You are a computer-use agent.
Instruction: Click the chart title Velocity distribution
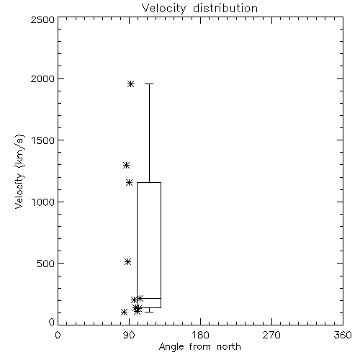coord(199,8)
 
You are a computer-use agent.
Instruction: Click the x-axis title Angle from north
coord(199,347)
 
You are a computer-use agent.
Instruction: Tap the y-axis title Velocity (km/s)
coord(19,171)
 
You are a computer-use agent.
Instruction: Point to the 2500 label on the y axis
coord(42,19)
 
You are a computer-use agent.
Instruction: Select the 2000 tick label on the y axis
coord(42,78)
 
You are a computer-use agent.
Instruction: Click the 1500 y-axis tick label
coord(43,140)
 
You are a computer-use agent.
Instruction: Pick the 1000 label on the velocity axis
coord(43,202)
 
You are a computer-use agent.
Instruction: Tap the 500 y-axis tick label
coord(46,264)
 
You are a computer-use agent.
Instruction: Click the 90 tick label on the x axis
coord(129,335)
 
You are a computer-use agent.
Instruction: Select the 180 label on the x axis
coord(200,335)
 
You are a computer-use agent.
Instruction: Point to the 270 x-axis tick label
coord(271,335)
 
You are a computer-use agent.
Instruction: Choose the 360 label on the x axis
coord(343,335)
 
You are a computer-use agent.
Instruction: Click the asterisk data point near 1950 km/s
coord(130,84)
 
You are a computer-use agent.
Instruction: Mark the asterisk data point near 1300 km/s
coord(126,166)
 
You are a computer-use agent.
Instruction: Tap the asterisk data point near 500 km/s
coord(128,261)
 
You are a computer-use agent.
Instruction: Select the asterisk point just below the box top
coord(130,183)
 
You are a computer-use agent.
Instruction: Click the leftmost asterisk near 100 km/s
coord(124,312)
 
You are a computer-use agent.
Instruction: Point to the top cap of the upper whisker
coord(149,84)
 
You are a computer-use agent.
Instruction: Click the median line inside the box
coord(149,298)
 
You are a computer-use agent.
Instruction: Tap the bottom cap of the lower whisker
coord(149,312)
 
